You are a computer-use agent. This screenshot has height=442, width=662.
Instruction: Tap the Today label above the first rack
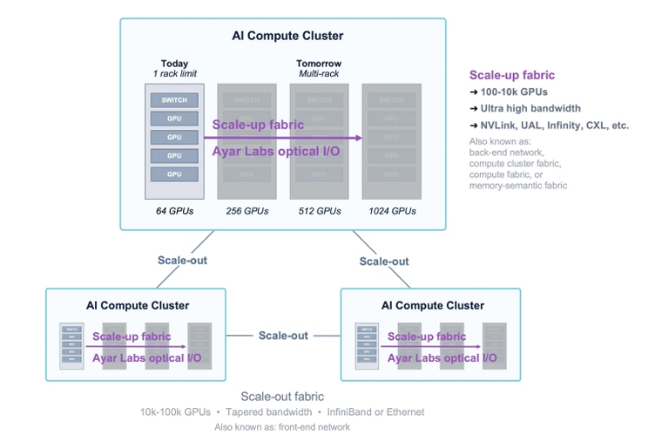174,64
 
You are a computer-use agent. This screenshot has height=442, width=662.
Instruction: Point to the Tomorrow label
319,64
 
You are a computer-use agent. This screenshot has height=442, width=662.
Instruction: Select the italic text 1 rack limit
174,74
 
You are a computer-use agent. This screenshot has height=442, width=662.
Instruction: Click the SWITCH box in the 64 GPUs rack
174,100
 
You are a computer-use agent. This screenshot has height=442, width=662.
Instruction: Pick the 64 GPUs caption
174,211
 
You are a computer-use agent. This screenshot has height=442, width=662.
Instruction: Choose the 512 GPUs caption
319,211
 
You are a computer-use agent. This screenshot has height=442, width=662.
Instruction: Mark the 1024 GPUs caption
392,211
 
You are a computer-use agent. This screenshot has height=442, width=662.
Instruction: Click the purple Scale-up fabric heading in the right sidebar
511,75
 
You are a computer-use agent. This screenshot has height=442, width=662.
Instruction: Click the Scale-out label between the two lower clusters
283,336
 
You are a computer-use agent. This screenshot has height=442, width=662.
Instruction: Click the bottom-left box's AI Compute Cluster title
137,305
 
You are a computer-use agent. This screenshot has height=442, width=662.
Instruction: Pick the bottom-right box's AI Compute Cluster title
433,305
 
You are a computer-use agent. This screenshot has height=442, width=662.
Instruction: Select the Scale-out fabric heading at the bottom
282,397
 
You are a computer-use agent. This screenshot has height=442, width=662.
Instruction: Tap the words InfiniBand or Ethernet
377,411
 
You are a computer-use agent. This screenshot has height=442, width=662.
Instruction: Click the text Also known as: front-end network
282,427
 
